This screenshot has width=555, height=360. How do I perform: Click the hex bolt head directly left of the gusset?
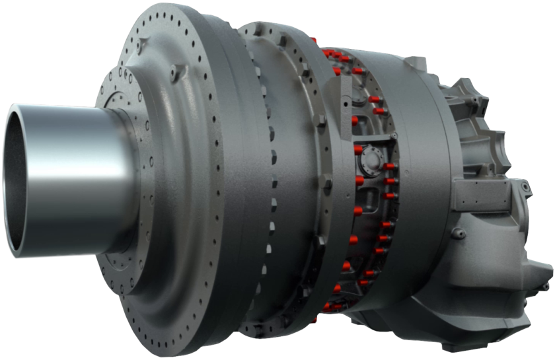(322, 122)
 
